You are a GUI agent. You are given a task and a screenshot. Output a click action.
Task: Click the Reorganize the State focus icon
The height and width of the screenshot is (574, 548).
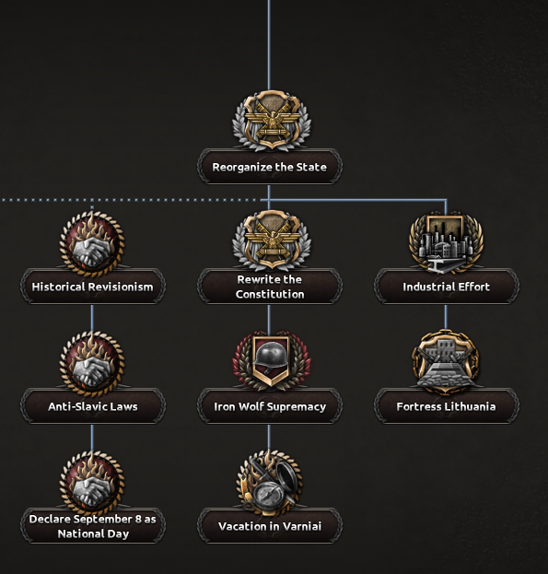272,120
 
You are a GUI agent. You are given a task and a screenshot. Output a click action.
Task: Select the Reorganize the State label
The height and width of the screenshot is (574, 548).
270,167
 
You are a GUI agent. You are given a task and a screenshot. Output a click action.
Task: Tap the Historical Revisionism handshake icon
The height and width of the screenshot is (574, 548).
92,242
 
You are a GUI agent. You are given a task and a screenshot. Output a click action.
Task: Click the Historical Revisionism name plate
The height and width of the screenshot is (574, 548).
92,287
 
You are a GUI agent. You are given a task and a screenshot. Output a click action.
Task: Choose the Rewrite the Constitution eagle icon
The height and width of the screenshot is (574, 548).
272,240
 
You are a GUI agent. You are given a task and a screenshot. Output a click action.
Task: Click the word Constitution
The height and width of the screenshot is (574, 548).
270,294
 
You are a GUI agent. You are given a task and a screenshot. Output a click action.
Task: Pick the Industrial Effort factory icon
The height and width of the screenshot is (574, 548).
446,242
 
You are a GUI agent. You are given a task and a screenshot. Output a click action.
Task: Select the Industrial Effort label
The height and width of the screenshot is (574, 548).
446,287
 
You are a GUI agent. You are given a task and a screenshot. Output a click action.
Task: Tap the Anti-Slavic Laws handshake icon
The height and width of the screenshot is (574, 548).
92,363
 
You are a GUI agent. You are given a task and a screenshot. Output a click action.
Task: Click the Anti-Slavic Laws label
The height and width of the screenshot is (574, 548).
92,406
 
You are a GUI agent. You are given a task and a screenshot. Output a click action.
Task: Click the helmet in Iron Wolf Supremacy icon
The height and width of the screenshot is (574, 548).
271,356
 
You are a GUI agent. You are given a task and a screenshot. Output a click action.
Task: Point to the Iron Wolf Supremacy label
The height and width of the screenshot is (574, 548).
270,406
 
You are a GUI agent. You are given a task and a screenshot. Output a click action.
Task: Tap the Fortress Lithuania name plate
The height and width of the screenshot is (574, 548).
446,406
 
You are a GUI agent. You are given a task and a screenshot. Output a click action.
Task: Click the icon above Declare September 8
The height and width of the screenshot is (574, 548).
92,483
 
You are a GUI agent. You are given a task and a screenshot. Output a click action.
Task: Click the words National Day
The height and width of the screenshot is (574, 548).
93,533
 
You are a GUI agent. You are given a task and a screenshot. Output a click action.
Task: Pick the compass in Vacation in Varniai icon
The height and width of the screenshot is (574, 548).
269,496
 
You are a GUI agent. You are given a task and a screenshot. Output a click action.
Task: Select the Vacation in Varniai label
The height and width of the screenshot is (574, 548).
270,526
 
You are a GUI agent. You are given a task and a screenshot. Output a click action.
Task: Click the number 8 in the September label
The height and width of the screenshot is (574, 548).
138,519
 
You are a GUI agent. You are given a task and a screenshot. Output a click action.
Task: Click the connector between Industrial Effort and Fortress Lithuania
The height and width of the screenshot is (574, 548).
446,317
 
